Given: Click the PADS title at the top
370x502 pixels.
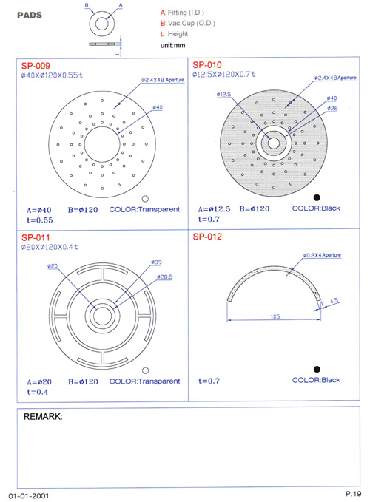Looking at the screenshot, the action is pos(30,15).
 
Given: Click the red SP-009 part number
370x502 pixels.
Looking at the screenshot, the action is pos(36,66).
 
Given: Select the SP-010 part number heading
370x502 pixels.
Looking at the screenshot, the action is pos(207,65).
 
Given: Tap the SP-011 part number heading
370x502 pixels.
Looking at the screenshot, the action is pos(36,237).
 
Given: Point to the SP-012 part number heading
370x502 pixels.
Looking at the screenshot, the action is pos(207,237).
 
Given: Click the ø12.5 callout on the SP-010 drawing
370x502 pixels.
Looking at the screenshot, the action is pos(223,95).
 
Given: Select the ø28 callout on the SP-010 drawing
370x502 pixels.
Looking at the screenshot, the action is pos(332,109).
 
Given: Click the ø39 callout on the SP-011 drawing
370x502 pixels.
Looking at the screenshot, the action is pos(156,262).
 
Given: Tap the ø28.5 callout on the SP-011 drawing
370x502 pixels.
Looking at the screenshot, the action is pos(164,277).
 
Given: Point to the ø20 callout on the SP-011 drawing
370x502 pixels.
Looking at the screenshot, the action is pos(53,265).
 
